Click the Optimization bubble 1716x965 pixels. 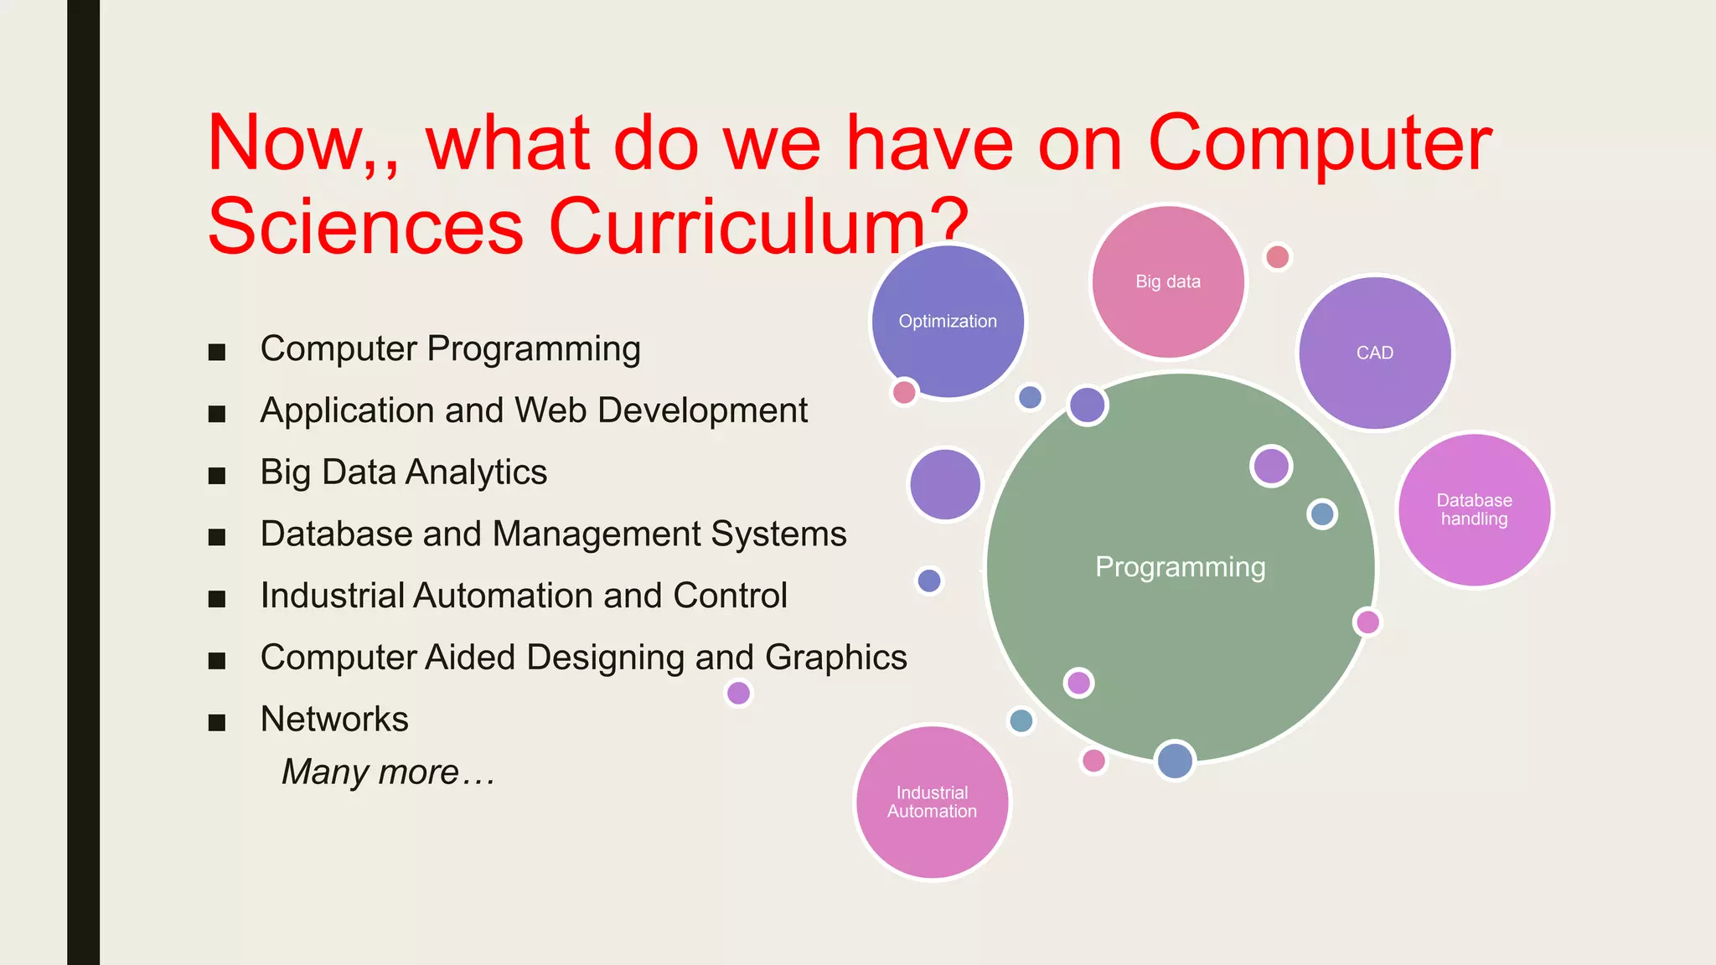[x=948, y=322]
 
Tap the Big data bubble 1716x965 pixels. [x=1168, y=282]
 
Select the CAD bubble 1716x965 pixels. [x=1374, y=353]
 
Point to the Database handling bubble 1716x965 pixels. [x=1474, y=509]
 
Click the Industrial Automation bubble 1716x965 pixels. [x=932, y=802]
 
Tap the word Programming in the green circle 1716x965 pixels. [x=1180, y=567]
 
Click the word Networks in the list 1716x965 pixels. [x=334, y=719]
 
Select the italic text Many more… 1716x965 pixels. [x=388, y=771]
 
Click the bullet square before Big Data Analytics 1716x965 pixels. [x=217, y=476]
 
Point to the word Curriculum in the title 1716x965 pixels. [x=737, y=226]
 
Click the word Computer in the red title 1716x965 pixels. [x=1319, y=144]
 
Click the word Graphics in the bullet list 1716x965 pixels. [x=835, y=658]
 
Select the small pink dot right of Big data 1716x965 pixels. [x=1277, y=256]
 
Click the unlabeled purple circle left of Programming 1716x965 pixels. [x=945, y=484]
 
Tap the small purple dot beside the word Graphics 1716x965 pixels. [x=738, y=693]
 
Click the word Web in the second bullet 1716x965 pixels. [x=550, y=410]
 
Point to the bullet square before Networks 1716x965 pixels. [x=217, y=723]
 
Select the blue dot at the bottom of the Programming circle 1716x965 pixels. [x=1175, y=761]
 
